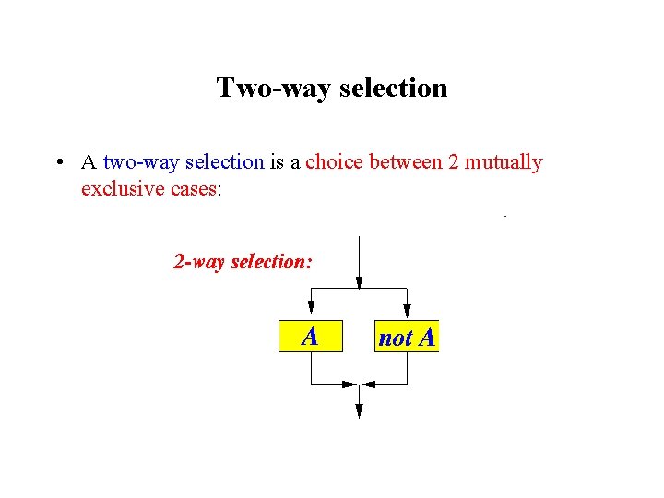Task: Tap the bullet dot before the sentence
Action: [58, 163]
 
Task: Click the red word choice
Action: [335, 163]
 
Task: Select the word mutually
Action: [504, 163]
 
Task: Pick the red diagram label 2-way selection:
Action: [243, 262]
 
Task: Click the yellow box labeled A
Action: [310, 337]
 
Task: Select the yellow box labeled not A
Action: [407, 337]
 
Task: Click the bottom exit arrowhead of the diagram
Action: [359, 412]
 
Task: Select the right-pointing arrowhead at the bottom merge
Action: [349, 384]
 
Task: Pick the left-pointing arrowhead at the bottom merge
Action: [369, 384]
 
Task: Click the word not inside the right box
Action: [395, 338]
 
